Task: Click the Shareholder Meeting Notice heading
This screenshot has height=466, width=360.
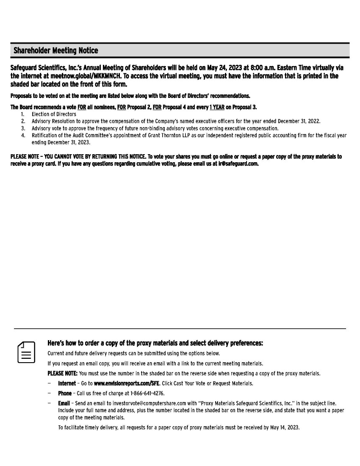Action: click(x=55, y=51)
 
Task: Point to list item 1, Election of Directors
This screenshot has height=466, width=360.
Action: click(x=54, y=114)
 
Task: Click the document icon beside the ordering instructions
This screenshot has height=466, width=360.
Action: click(x=26, y=352)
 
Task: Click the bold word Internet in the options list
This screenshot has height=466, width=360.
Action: click(x=67, y=383)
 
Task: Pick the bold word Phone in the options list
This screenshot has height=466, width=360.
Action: click(x=65, y=393)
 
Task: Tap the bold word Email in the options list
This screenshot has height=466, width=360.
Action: click(x=64, y=403)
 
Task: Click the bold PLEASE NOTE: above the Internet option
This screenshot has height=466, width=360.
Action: click(x=63, y=374)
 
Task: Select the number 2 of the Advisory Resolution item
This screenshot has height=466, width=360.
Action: click(x=23, y=121)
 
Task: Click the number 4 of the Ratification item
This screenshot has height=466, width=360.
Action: click(x=23, y=136)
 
